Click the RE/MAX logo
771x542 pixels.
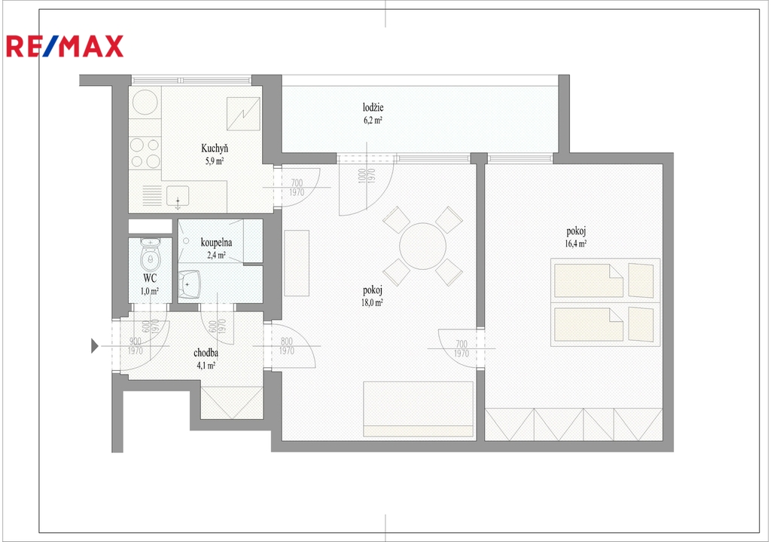coord(65,46)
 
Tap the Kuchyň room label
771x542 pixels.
coord(215,149)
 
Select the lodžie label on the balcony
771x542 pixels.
coord(373,107)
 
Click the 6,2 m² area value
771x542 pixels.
coord(373,120)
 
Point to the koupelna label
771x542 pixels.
coord(216,242)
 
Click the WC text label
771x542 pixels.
coord(150,278)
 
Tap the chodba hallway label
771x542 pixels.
coord(206,353)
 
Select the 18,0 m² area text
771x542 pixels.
coord(372,303)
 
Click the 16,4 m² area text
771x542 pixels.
coord(576,243)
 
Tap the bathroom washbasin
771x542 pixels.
coord(190,284)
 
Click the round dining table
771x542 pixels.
coord(423,247)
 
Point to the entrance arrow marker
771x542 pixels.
coord(95,346)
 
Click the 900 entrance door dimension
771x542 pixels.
coord(136,341)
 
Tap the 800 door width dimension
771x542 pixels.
coord(287,341)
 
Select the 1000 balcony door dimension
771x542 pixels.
coord(362,176)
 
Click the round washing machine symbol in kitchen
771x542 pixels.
coord(145,103)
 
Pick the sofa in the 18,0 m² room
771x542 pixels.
coord(418,409)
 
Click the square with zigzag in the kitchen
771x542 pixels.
coord(243,114)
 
